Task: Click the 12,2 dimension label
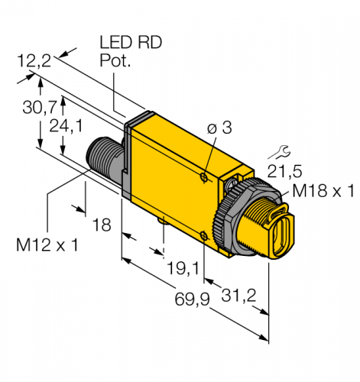[34, 61]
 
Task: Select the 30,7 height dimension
[39, 107]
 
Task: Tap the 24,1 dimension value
[66, 126]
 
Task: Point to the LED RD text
[131, 42]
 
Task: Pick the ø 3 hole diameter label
[219, 128]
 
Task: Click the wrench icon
[279, 152]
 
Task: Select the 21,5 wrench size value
[284, 171]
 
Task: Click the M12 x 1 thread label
[47, 244]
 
